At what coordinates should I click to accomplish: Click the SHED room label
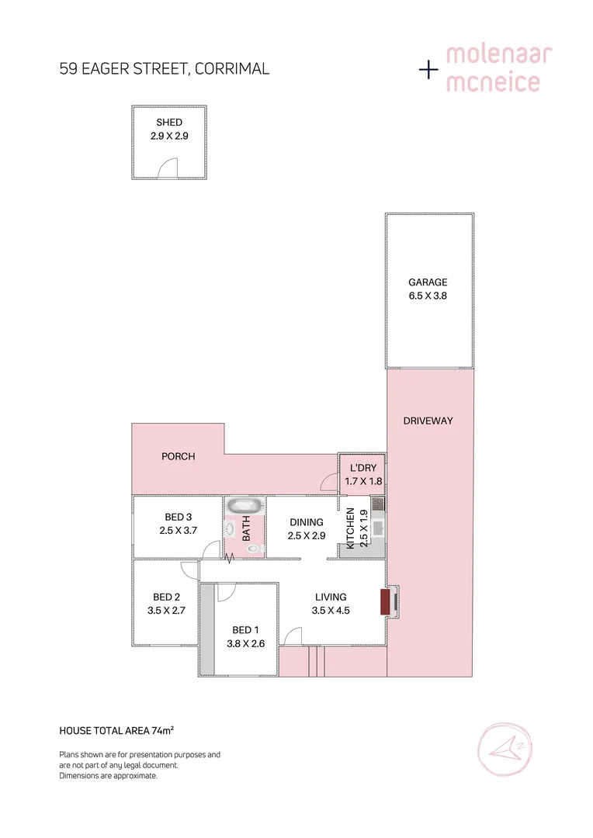(x=169, y=123)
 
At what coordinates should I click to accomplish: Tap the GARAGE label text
(x=428, y=282)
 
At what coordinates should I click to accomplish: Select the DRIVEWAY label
(x=428, y=421)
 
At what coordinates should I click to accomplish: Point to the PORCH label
(x=178, y=456)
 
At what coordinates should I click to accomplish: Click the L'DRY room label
(x=362, y=468)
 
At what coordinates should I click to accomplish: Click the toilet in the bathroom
(x=253, y=548)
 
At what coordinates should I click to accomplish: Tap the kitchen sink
(x=377, y=528)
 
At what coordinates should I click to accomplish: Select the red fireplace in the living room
(x=385, y=602)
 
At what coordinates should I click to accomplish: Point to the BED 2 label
(x=166, y=597)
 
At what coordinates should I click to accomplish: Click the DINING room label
(x=305, y=522)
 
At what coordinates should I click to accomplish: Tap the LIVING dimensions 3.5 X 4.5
(x=331, y=610)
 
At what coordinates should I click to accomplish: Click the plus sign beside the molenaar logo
(x=428, y=70)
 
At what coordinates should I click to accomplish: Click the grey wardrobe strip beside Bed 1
(x=206, y=628)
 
